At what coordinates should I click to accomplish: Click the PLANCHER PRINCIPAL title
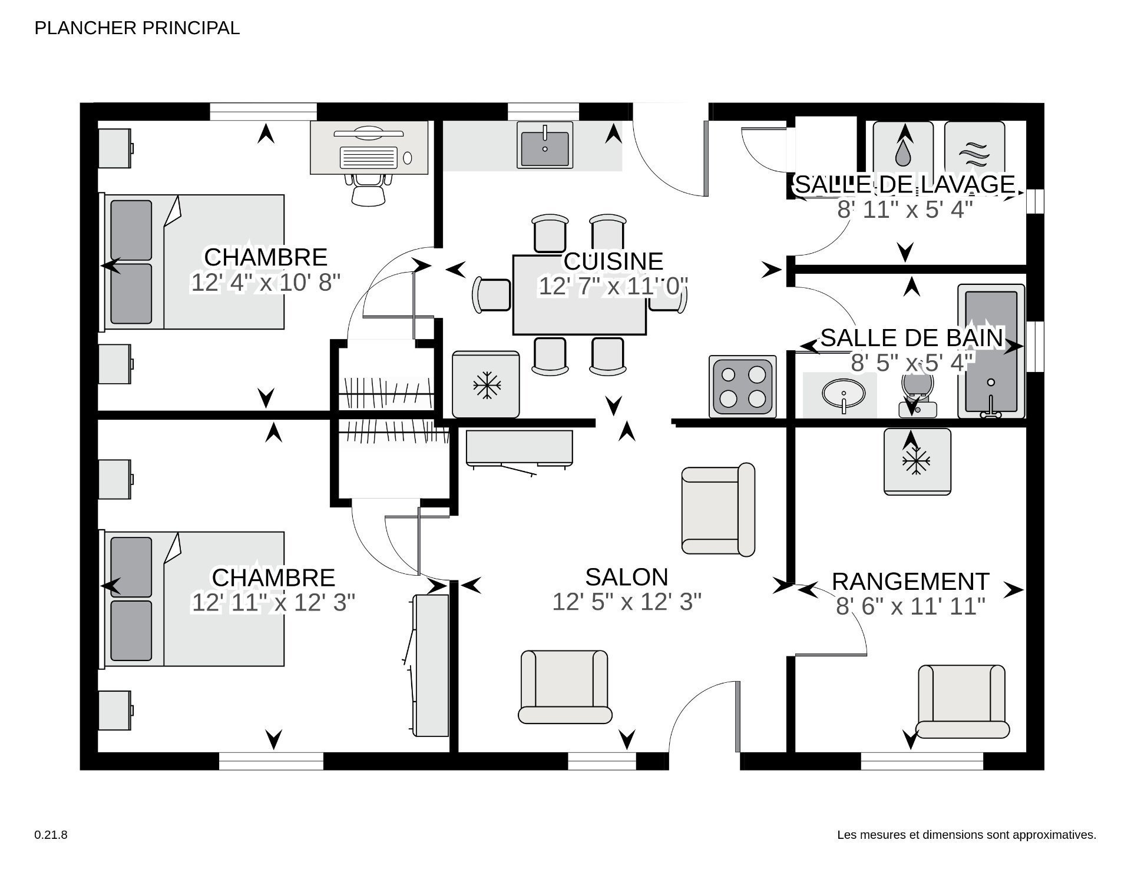point(137,28)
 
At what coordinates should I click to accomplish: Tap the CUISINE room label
point(613,261)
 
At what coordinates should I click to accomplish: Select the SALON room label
point(627,577)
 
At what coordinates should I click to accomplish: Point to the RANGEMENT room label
point(910,582)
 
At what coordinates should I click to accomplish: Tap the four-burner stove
point(742,386)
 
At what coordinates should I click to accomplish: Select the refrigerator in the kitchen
point(486,385)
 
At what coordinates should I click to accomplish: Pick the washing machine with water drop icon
point(902,147)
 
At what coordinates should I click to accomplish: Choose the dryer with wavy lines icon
point(974,147)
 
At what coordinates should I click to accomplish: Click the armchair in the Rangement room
point(961,701)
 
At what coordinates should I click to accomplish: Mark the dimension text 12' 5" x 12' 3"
point(627,602)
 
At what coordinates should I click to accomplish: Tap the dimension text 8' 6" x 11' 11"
point(910,606)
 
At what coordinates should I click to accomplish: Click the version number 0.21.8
point(51,835)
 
